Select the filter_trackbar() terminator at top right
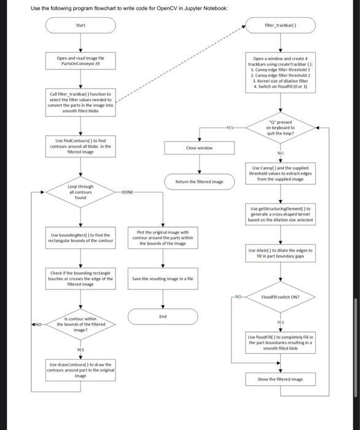280,26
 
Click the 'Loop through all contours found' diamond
80,191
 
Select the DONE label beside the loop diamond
127,192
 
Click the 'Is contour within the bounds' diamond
80,324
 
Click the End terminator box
163,316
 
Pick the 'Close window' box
198,147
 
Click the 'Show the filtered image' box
280,379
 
